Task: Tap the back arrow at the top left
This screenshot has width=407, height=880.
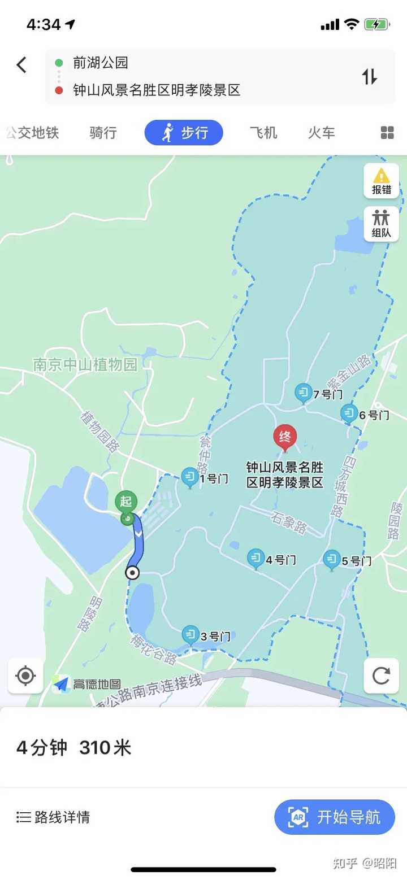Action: click(21, 65)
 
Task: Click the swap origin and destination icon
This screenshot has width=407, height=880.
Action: click(370, 76)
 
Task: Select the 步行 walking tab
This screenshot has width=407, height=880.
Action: click(184, 133)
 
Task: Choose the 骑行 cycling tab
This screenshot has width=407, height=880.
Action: click(103, 133)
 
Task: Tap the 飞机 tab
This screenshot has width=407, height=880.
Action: click(263, 133)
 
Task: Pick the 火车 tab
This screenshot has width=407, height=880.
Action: click(321, 133)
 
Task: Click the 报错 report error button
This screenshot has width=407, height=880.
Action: click(382, 181)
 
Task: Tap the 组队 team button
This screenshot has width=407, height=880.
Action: click(382, 224)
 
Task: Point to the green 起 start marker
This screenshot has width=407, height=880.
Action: click(126, 502)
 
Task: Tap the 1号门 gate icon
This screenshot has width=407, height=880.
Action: click(190, 477)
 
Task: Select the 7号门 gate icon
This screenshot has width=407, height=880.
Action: click(304, 393)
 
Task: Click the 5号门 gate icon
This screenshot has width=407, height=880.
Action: click(332, 560)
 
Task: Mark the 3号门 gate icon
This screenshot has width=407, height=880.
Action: click(191, 635)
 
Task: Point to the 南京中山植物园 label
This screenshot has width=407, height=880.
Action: click(85, 364)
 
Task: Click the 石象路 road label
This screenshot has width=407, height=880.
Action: click(288, 522)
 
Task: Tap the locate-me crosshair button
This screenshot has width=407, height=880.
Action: click(25, 676)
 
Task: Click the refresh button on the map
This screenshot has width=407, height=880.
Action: click(382, 676)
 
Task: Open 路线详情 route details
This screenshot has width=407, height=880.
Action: click(53, 817)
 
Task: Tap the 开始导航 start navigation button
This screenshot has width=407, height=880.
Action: click(335, 817)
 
